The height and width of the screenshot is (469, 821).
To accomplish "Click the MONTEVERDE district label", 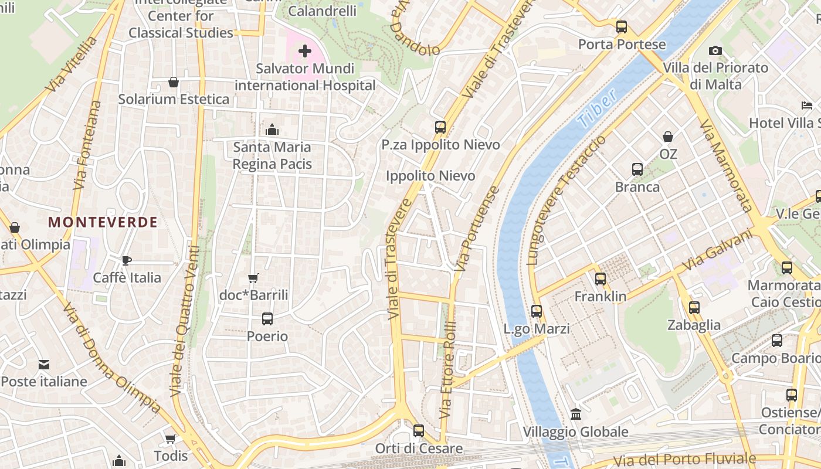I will tap(103, 222).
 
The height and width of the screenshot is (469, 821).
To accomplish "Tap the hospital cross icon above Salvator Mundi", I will tap(305, 51).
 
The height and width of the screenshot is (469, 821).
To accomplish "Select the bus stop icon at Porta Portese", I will tap(622, 27).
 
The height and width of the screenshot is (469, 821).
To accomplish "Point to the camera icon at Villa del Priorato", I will tap(715, 51).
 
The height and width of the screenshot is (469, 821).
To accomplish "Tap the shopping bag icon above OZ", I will tap(668, 137).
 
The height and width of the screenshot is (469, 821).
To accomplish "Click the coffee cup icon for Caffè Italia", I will tap(127, 260).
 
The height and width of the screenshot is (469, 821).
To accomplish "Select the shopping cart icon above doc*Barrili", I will tap(253, 278).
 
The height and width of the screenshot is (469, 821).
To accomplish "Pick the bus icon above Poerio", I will tap(267, 319).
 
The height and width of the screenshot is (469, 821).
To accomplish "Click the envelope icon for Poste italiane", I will tap(44, 365).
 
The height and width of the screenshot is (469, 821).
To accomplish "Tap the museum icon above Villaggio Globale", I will tap(576, 414).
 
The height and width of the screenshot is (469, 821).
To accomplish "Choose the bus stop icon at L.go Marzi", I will tap(537, 311).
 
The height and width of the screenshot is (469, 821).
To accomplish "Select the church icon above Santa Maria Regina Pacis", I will tap(272, 130).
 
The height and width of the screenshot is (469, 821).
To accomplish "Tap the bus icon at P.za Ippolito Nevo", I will tap(440, 127).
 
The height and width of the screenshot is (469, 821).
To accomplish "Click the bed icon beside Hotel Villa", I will tap(807, 106).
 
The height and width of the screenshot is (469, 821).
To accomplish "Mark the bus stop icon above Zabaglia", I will tap(694, 308).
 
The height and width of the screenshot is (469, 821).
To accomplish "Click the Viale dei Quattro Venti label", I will tap(185, 321).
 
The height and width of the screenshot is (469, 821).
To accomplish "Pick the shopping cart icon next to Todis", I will tap(171, 439).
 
